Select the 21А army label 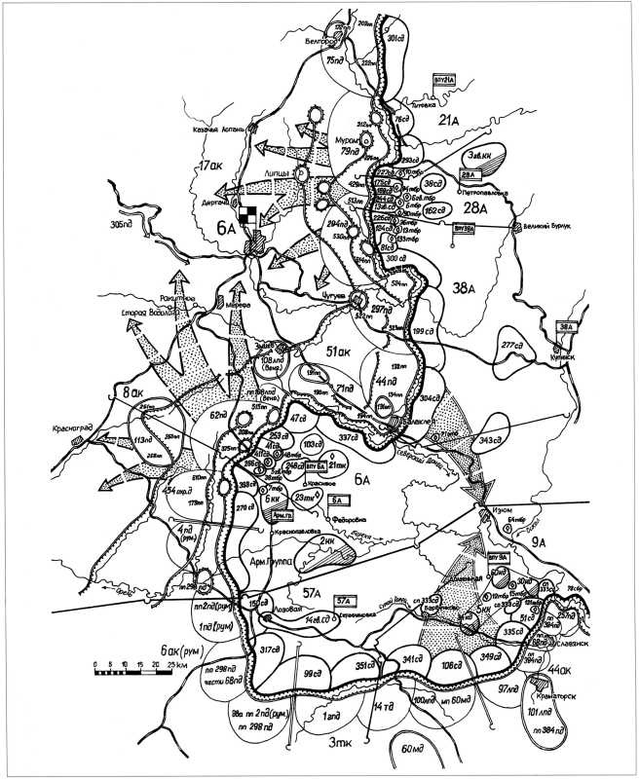point(448,120)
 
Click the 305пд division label point(122,224)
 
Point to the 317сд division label point(270,649)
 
